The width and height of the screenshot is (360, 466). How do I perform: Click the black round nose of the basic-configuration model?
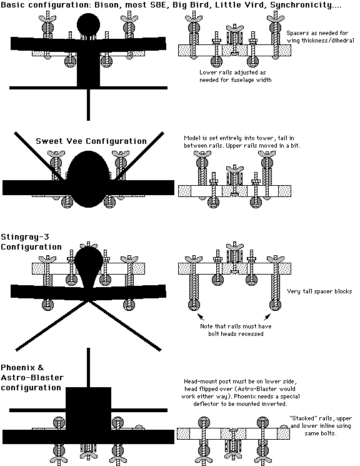coord(89,24)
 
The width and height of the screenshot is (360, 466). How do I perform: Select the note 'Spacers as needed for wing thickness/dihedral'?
coord(320,36)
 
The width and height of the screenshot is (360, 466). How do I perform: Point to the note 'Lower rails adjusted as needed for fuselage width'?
coord(235,76)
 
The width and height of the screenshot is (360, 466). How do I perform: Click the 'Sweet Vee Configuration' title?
coord(91,141)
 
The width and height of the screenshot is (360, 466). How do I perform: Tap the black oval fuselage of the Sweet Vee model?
coord(89,179)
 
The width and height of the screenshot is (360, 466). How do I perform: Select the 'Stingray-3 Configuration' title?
coord(31,242)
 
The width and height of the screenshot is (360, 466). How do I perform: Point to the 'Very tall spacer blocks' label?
coord(319,291)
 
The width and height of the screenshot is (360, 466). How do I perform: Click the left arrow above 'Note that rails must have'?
coord(201,317)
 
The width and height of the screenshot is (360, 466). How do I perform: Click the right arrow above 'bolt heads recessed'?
coord(267,317)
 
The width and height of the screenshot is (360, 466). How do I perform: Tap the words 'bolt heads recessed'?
coord(236,334)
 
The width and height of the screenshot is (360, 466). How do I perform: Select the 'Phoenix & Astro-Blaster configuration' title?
coord(32,378)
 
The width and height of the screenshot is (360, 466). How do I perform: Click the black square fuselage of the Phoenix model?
coord(89,408)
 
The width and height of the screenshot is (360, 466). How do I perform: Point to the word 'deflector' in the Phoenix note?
coord(206,404)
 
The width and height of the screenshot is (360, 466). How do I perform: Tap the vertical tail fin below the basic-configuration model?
coord(89,104)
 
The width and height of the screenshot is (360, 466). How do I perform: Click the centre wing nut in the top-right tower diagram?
coord(234,29)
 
